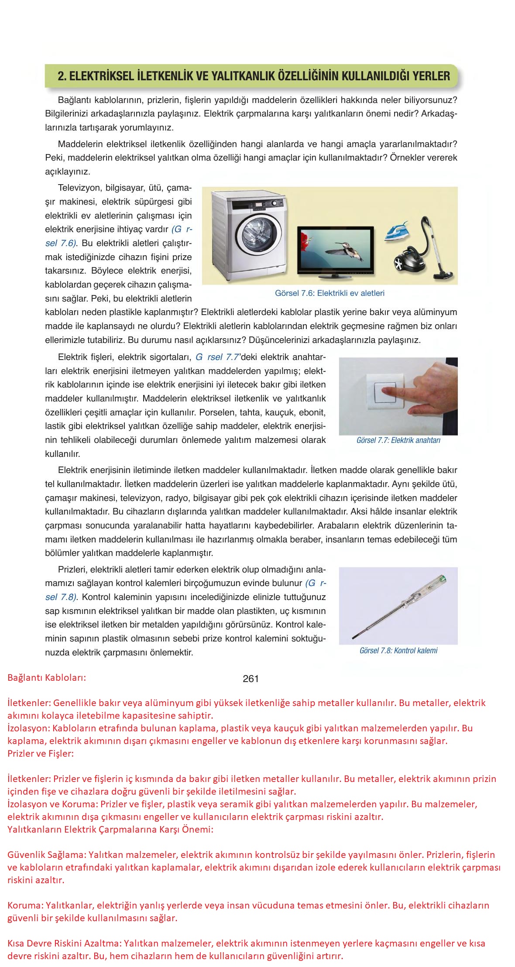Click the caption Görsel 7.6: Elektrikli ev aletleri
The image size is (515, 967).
tap(330, 293)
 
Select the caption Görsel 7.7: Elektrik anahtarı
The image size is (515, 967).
tap(398, 440)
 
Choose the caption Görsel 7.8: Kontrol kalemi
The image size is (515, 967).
tap(398, 651)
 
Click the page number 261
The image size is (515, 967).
tap(251, 679)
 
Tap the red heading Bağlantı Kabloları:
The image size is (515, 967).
tap(47, 678)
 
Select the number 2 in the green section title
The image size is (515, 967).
tap(61, 76)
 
